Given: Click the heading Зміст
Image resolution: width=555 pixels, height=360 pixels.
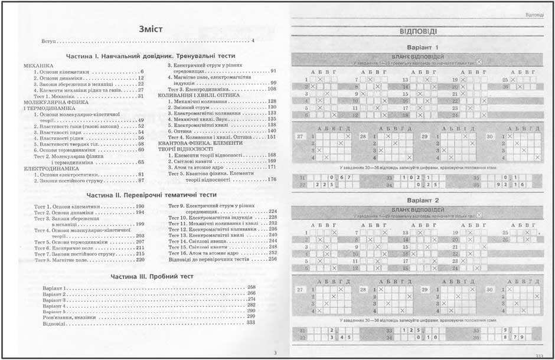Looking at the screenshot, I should [x=146, y=28].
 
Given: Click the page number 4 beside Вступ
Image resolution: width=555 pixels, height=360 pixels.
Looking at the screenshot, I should [x=252, y=41].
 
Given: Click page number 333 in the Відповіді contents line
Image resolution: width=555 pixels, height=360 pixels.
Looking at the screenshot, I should [x=251, y=323].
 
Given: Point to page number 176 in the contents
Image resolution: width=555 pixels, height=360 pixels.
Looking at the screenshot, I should [x=272, y=179].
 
